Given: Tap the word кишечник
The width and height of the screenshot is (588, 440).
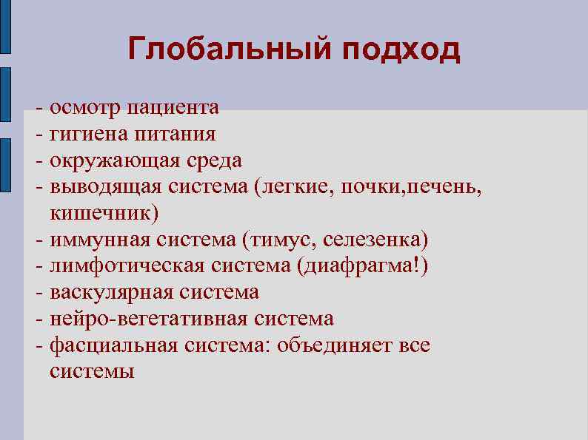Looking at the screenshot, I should (x=104, y=213).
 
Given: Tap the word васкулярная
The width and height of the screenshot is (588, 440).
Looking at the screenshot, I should (x=110, y=292).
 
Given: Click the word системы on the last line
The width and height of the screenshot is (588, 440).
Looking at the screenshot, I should (x=92, y=371).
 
